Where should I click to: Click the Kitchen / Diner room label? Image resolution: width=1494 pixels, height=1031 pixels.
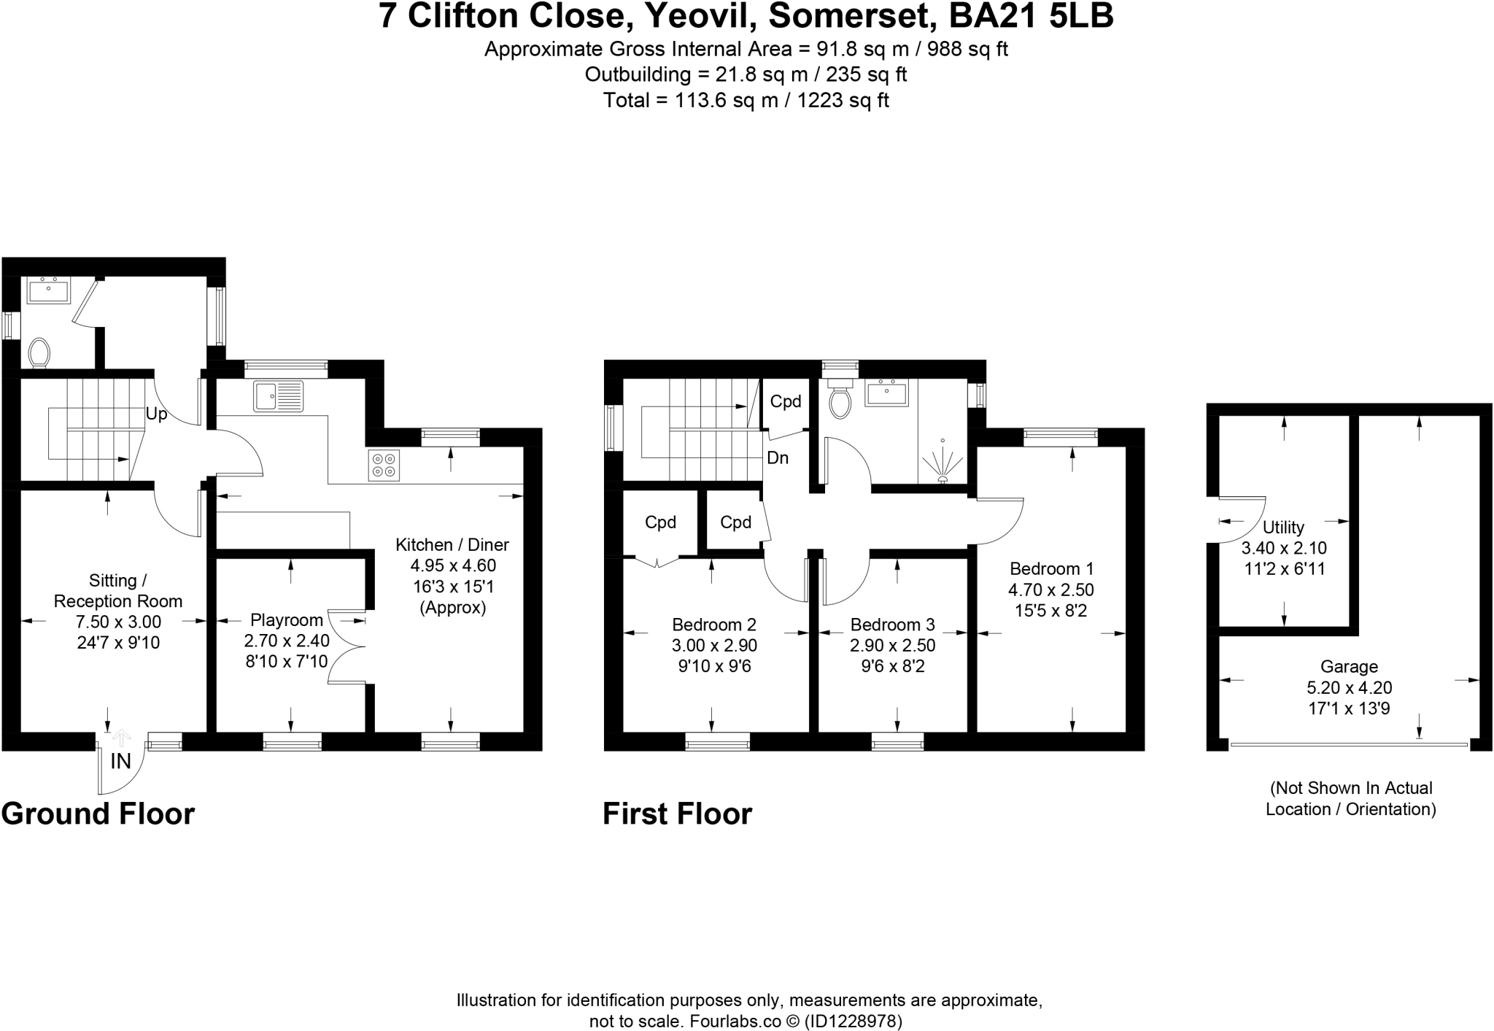[452, 544]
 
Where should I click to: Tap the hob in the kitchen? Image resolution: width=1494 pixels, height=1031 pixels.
[384, 466]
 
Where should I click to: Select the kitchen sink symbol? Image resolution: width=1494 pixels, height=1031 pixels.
[278, 396]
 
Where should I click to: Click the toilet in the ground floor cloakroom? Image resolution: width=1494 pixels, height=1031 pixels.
[39, 353]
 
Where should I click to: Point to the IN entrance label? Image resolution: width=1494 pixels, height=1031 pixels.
[120, 762]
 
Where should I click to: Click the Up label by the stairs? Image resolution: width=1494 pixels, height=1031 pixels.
[156, 414]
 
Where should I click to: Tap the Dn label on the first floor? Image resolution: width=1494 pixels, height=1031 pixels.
[778, 458]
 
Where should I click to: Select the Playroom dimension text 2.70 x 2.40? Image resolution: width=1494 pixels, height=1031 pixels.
[287, 641]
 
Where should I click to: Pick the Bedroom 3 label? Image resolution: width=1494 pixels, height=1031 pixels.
[892, 625]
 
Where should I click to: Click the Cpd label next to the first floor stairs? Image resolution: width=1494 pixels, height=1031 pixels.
[786, 401]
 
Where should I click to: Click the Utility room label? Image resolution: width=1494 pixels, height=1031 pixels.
[1283, 527]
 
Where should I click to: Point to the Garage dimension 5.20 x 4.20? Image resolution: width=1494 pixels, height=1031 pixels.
[1349, 687]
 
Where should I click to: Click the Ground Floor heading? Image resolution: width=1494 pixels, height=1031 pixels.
[98, 814]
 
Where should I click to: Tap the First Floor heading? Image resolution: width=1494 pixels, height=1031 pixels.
[677, 814]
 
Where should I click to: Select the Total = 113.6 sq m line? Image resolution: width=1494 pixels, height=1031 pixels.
[746, 100]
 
